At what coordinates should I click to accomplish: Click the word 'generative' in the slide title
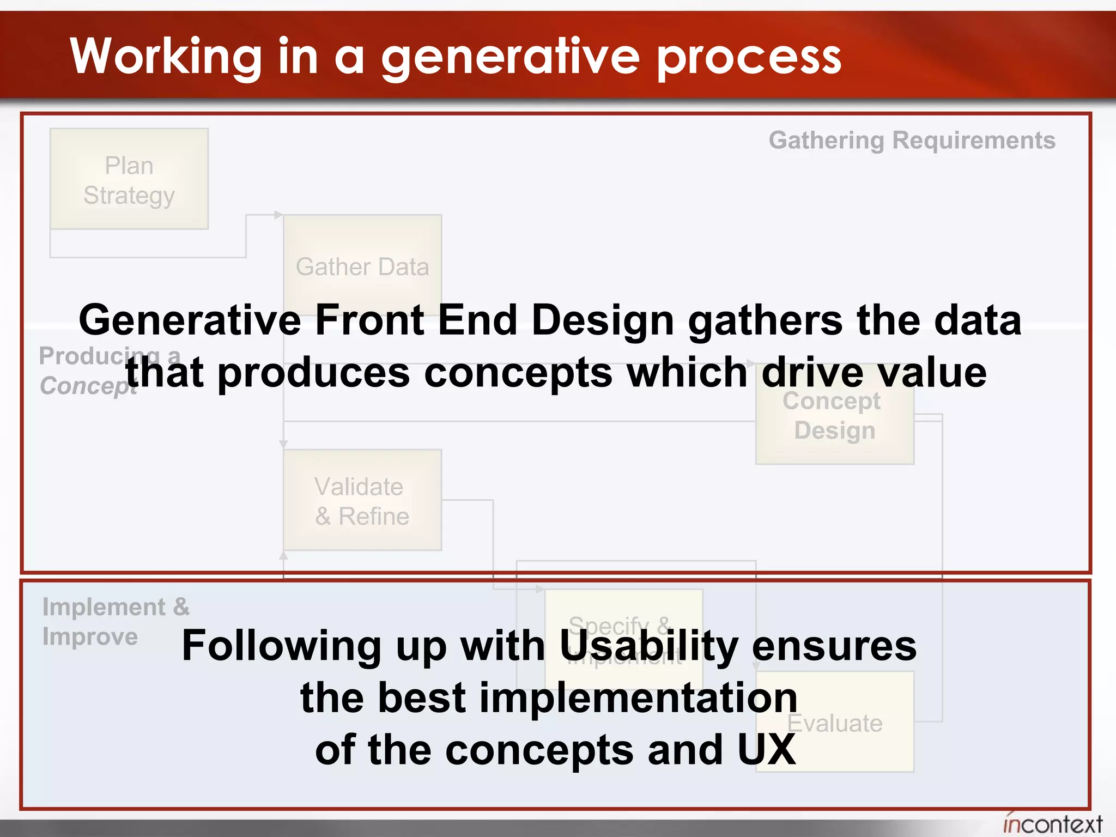(x=510, y=57)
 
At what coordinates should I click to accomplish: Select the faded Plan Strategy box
(x=129, y=179)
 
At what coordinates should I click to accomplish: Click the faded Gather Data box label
(x=362, y=267)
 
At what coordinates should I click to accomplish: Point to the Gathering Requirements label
(x=912, y=140)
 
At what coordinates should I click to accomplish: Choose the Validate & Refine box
(x=362, y=500)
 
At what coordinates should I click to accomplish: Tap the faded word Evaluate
(x=834, y=724)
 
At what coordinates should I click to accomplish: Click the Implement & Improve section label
(x=116, y=621)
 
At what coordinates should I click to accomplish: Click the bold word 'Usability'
(x=648, y=646)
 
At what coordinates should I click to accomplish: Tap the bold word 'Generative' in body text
(x=190, y=320)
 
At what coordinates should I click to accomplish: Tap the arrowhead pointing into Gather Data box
(x=278, y=215)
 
